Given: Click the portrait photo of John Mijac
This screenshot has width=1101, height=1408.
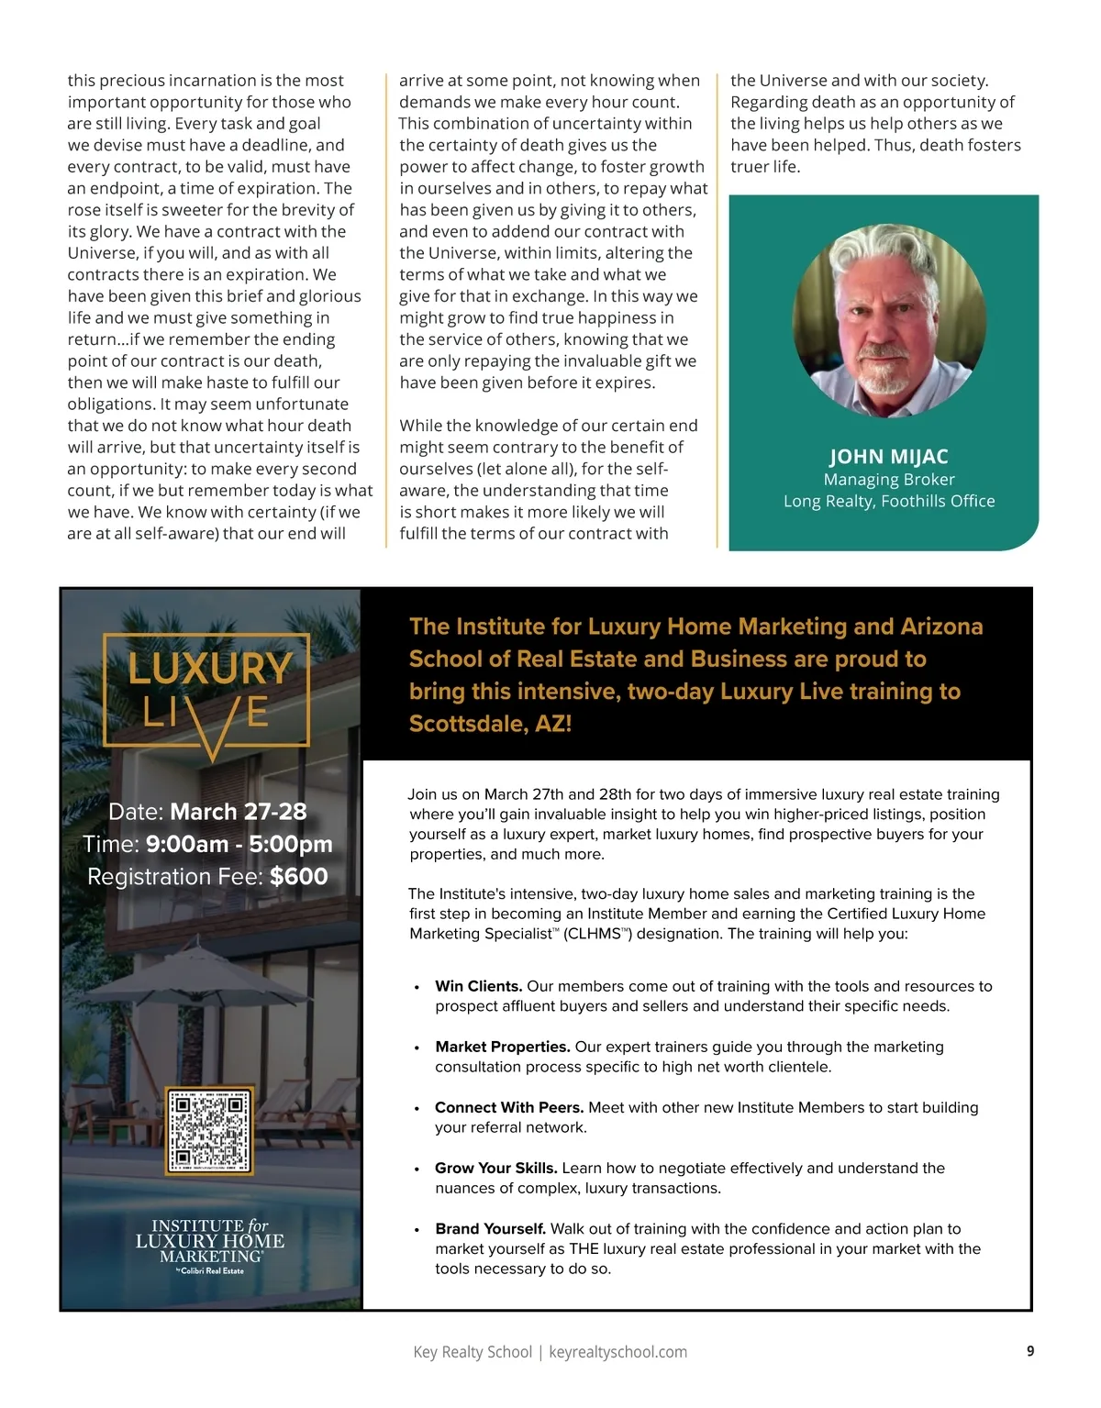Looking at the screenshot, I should (888, 320).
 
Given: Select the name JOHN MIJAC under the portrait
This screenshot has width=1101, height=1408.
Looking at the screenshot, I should (888, 457).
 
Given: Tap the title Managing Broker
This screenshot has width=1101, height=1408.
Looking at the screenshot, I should (888, 479).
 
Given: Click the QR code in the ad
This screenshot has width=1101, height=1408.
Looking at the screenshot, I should (208, 1131).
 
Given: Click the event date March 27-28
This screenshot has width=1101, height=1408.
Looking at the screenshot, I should (238, 812).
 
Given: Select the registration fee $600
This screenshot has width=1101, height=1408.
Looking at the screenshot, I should (298, 876).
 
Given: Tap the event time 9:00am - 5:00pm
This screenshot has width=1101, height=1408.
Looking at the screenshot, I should (239, 844).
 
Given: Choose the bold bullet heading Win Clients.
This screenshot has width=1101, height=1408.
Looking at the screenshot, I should (478, 986).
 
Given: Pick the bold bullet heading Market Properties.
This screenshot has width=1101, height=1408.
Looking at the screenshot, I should (503, 1047).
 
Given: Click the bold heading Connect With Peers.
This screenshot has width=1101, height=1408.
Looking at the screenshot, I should (509, 1107).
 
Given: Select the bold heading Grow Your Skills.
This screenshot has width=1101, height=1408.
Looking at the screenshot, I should (496, 1168).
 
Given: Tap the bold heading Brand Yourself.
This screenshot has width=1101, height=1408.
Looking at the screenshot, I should (490, 1228).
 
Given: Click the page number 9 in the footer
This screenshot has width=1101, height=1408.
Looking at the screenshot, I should (1030, 1350).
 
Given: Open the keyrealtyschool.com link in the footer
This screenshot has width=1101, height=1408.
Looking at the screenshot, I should (617, 1352).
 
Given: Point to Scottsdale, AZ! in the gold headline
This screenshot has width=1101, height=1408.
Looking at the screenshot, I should (490, 724).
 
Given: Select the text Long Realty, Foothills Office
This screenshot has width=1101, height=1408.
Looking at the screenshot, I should (888, 501).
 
